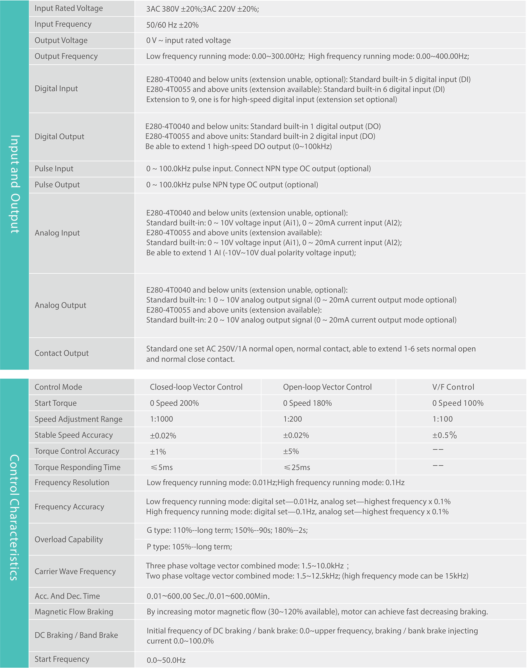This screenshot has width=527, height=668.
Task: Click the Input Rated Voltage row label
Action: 69,8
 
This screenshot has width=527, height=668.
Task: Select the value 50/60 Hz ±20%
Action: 172,25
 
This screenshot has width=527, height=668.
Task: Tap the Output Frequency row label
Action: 66,56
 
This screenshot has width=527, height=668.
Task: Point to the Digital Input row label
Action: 56,89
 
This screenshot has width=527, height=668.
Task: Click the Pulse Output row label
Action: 57,185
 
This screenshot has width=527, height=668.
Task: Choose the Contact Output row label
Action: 61,353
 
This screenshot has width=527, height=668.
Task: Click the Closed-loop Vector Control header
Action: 196,387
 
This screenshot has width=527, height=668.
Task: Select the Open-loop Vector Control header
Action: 327,387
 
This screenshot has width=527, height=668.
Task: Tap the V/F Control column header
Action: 453,387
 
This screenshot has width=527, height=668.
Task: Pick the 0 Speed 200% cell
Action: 174,403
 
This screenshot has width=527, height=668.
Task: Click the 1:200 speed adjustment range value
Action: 292,419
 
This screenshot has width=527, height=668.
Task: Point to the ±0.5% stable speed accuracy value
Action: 444,435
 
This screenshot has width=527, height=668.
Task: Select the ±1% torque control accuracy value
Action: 158,451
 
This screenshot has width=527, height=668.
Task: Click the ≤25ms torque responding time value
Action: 297,468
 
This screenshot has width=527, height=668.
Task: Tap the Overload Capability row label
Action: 69,539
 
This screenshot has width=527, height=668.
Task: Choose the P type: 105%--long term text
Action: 189,547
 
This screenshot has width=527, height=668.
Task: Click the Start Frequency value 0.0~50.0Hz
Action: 166,660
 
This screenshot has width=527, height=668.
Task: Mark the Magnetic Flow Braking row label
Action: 74,612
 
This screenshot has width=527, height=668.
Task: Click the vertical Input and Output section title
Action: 14,184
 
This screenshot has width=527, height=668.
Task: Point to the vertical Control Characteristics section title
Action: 14,517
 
